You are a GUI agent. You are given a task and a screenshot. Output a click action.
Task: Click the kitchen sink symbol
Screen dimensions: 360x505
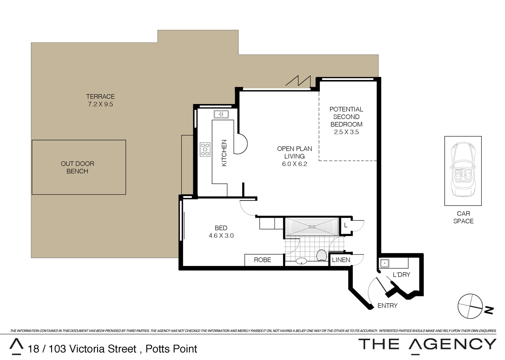tap(221, 114)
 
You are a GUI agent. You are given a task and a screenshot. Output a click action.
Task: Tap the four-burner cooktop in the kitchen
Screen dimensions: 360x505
tap(205, 149)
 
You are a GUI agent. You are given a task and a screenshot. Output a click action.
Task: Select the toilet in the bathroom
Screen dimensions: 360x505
tap(322, 256)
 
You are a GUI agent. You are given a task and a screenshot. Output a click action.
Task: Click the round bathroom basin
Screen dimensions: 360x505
tap(302, 261)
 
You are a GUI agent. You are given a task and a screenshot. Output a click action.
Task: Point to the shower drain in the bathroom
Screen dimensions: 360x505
tap(312, 227)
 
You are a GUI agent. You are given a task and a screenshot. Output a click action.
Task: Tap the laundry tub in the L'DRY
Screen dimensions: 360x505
tap(385, 263)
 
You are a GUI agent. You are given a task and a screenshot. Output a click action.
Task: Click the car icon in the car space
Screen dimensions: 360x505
tap(463, 170)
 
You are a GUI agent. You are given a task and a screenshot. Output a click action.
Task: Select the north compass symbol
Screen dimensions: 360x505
tap(471, 306)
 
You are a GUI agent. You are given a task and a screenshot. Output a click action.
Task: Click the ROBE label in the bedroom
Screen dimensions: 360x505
tap(263, 260)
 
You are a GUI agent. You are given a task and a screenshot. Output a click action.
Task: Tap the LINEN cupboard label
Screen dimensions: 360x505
tap(341, 260)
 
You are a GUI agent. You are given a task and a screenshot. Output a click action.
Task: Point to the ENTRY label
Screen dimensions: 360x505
tap(387, 306)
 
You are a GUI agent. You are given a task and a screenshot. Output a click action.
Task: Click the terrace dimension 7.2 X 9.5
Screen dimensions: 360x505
tap(100, 104)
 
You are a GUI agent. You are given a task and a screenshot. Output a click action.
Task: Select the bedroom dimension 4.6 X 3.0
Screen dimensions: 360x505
tap(221, 236)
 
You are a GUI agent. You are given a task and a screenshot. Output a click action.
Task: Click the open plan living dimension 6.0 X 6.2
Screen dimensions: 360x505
tap(295, 164)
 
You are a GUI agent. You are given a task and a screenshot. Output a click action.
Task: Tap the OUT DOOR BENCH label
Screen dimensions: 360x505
tap(77, 167)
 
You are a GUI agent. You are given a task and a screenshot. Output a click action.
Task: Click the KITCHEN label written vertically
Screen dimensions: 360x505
tap(224, 153)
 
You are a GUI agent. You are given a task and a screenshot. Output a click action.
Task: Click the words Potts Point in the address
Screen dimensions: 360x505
tap(171, 349)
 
